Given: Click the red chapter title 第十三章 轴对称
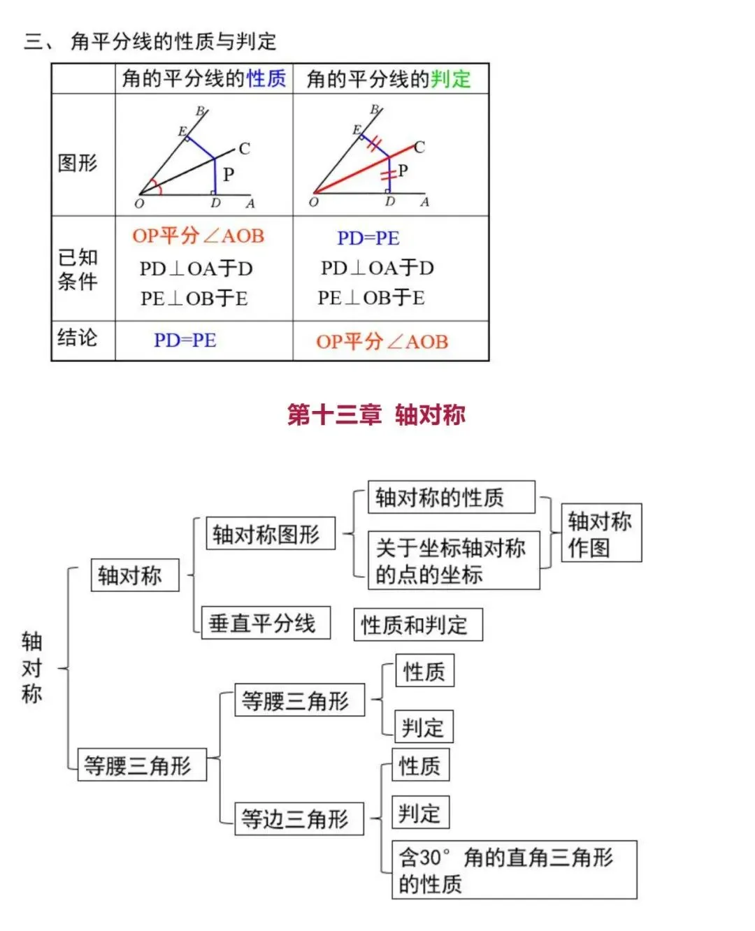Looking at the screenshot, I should (376, 414).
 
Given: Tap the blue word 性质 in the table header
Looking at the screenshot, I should (266, 78).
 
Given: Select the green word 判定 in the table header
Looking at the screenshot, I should (450, 79).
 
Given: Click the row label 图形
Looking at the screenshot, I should (78, 163).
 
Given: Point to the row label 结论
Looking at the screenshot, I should (78, 338).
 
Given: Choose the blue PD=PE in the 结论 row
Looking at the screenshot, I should (185, 340).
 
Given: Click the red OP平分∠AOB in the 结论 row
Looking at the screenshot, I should (382, 342).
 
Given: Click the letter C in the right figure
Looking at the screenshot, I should (419, 147).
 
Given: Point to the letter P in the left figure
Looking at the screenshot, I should (229, 174).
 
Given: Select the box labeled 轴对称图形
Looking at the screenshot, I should (271, 534).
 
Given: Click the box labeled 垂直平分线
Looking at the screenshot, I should (266, 623).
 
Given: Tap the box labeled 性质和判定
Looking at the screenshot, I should (418, 625).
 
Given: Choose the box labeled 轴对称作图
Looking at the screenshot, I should (601, 533).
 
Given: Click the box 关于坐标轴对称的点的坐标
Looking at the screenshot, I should (453, 561).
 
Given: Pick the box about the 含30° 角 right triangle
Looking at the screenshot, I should (514, 869).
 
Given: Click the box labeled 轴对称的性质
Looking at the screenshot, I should (451, 497).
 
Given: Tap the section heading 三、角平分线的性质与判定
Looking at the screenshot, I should (150, 41).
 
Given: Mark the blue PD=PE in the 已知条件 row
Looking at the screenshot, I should (368, 238).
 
